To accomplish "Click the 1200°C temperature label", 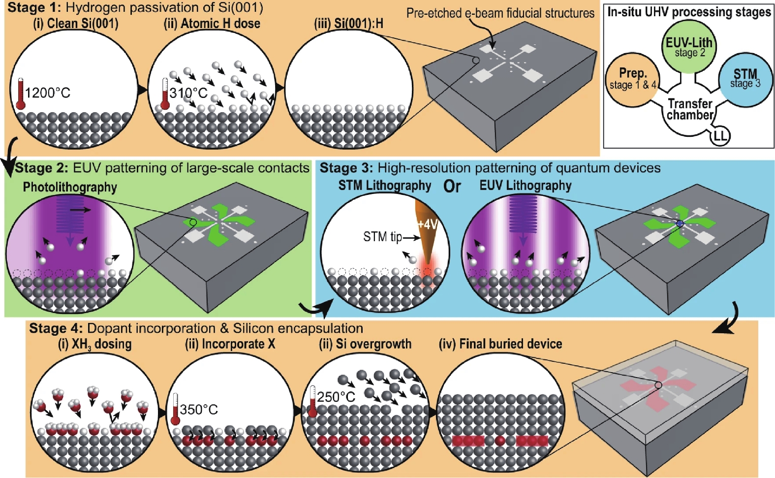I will click(x=48, y=93).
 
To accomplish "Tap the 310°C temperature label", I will click(x=188, y=93).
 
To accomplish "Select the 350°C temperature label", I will click(x=199, y=410).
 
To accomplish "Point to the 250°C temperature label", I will click(x=336, y=397).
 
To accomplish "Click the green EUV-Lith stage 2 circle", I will click(x=689, y=47).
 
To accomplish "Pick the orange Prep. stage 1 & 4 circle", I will click(x=632, y=79).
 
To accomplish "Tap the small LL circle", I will click(x=720, y=135).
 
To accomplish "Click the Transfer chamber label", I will click(x=690, y=109).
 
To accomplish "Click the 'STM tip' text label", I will click(x=382, y=237).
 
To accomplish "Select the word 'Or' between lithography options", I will click(x=452, y=186).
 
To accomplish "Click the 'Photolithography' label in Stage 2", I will click(x=70, y=187).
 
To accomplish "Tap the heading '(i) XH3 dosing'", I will click(x=94, y=344).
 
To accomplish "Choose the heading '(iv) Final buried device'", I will click(x=500, y=344).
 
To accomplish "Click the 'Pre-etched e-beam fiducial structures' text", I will click(x=500, y=13).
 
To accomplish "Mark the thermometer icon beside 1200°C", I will click(x=20, y=94).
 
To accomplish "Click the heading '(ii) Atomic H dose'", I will click(x=212, y=24).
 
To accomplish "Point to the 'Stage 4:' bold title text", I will click(x=56, y=328).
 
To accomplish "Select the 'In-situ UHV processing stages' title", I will click(x=689, y=12).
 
